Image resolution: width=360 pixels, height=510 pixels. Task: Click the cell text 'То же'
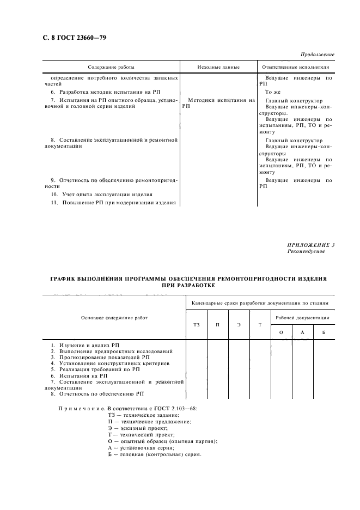(x=273, y=92)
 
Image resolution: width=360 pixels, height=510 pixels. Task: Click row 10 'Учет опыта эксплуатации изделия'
(x=101, y=194)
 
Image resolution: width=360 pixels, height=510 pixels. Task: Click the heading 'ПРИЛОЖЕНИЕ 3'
(x=311, y=245)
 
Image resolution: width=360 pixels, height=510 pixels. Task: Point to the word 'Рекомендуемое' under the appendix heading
(x=306, y=251)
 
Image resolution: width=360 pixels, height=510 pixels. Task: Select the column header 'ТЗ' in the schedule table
(x=197, y=325)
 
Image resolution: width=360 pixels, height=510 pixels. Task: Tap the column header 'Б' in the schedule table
(x=324, y=332)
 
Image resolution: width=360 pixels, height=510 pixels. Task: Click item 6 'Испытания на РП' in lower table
(x=79, y=376)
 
